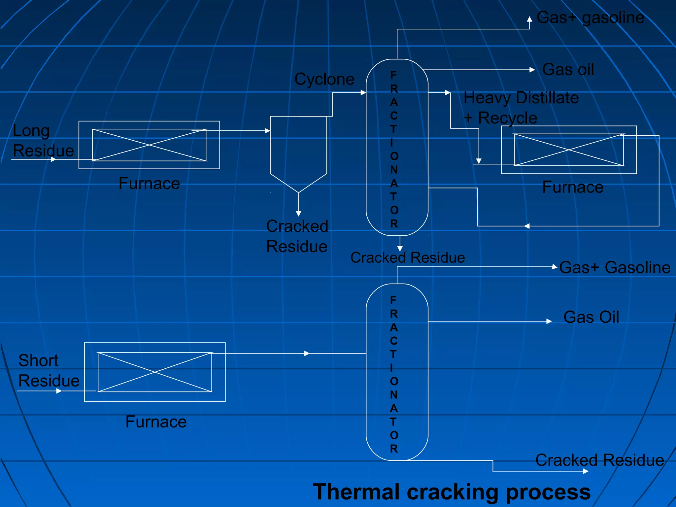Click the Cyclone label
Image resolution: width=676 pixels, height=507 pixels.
tap(324, 80)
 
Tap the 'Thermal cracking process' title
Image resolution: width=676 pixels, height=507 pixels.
tap(452, 492)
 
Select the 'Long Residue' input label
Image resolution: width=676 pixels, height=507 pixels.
tap(43, 141)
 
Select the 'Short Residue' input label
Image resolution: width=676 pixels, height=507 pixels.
tap(49, 371)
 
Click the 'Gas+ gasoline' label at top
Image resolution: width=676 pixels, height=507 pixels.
tap(590, 18)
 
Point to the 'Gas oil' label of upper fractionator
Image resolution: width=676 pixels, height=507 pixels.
tap(568, 70)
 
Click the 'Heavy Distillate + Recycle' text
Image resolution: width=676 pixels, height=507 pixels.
tap(521, 108)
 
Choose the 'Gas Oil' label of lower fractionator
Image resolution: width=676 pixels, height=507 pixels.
tap(591, 317)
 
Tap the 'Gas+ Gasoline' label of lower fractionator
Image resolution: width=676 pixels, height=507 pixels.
tap(615, 267)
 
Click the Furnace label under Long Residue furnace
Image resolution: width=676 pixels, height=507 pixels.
tap(149, 184)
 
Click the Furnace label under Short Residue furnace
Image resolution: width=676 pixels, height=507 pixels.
tap(156, 422)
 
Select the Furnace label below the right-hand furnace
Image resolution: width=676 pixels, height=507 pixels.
tap(573, 187)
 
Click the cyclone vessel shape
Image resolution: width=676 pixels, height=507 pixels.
tap(298, 152)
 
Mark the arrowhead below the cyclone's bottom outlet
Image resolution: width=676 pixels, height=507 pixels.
tap(298, 214)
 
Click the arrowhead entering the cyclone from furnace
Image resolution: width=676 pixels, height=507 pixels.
tap(268, 131)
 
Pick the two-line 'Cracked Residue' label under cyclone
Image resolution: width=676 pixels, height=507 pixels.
tap(297, 236)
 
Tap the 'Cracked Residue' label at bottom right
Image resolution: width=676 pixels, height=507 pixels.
tap(599, 460)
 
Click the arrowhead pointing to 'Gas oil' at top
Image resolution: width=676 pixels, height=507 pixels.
tap(532, 70)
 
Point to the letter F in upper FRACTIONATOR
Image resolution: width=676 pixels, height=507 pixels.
tap(393, 75)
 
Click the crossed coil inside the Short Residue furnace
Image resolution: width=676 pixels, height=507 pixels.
tap(155, 372)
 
